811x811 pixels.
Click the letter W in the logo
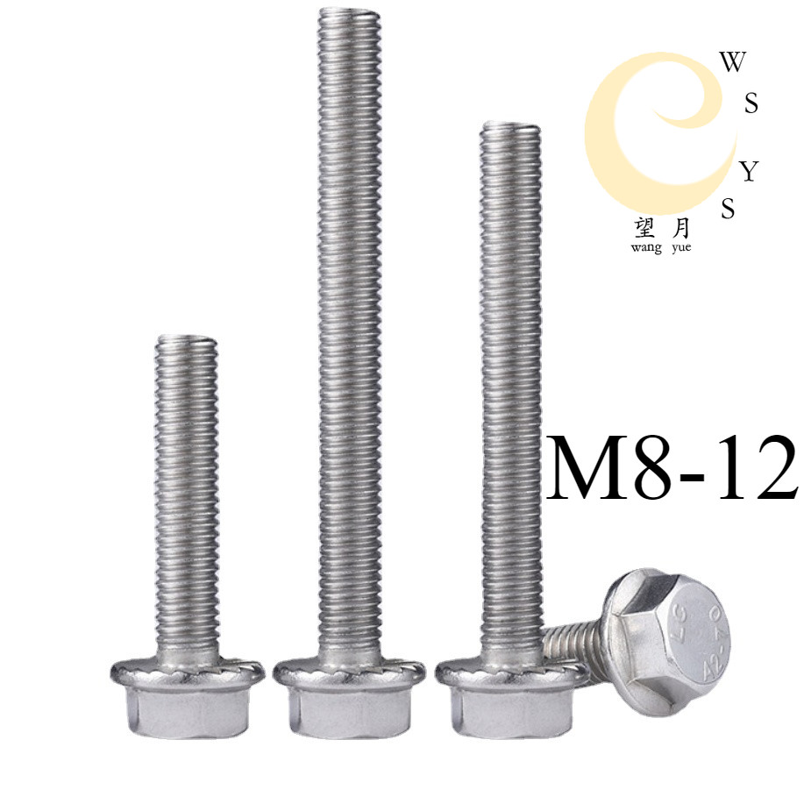tap(733, 62)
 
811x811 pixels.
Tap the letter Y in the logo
tap(748, 172)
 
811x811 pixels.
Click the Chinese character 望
tap(644, 229)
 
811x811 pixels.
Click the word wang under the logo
tap(644, 247)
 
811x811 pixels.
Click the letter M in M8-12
tap(586, 467)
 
